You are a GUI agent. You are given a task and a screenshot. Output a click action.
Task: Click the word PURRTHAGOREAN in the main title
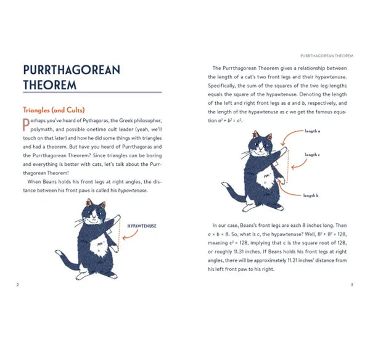tap(71, 70)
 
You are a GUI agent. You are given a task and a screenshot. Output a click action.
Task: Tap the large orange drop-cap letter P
tap(25, 125)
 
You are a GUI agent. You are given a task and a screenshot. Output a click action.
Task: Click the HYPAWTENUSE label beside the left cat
tap(142, 226)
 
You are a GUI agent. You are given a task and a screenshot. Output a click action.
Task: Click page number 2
tap(18, 284)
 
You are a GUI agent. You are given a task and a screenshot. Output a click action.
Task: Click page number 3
tap(351, 284)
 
